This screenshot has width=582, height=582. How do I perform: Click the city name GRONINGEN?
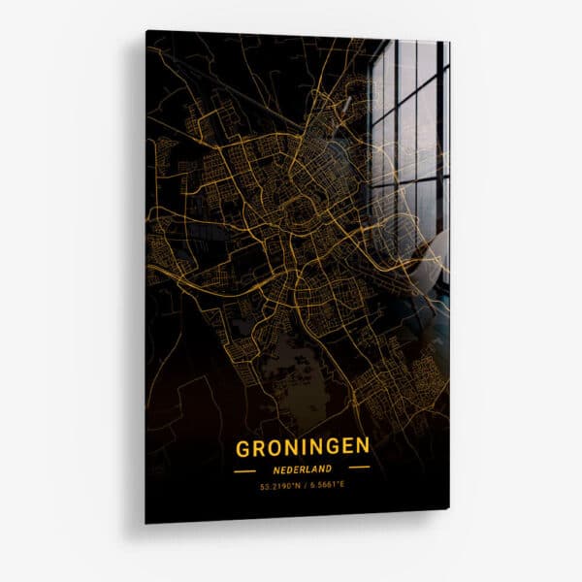[x=302, y=446]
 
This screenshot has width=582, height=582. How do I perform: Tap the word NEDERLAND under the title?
[x=302, y=468]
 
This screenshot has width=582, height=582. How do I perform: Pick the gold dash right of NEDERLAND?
[x=359, y=468]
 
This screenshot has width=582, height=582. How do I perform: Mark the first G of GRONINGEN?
[x=242, y=446]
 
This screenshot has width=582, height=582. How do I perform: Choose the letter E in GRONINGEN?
[x=346, y=446]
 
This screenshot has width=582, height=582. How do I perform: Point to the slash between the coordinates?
[x=303, y=485]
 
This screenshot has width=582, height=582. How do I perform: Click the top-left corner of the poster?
[x=147, y=31]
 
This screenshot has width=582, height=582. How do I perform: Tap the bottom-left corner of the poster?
[x=146, y=523]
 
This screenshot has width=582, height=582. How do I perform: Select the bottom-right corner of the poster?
[x=449, y=506]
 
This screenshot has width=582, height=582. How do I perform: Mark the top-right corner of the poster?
[x=450, y=43]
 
